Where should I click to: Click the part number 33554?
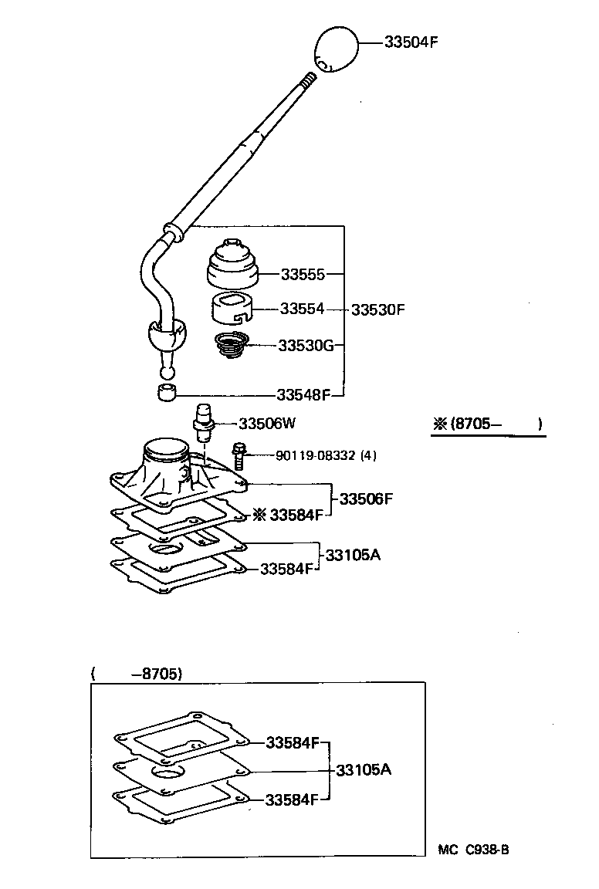pos(302,309)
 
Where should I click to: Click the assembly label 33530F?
pos(377,309)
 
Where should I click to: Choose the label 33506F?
pos(366,499)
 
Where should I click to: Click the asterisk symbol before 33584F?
pos(259,515)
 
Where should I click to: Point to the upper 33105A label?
pos(353,555)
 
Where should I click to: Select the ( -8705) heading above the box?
pos(137,673)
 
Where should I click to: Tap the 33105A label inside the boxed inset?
pos(364,770)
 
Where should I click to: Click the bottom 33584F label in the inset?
pos(292,799)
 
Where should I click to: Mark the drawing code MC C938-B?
pos(473,850)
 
